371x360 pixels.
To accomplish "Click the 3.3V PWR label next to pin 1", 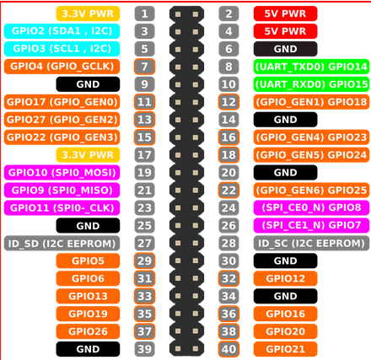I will [88, 13].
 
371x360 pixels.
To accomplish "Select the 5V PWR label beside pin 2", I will [285, 13].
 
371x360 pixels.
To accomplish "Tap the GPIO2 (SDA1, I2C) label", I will [62, 31].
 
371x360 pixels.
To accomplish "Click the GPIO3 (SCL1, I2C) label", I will [62, 48].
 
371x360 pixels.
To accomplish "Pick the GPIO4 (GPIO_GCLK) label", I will [62, 66].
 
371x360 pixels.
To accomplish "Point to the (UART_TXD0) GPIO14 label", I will [311, 66].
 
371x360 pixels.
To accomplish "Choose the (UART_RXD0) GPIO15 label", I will [311, 83].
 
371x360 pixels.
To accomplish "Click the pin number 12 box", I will [229, 101].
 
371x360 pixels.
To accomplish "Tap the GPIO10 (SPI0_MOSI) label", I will [62, 172].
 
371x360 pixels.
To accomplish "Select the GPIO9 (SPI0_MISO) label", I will [62, 190].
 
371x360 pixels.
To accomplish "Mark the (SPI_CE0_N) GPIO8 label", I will [311, 207].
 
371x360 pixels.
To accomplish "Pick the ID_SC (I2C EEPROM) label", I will [311, 243].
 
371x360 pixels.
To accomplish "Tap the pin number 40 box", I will [229, 349].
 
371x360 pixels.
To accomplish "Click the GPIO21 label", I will [285, 349].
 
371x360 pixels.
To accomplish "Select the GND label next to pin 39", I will [88, 349].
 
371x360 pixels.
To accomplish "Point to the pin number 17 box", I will [144, 154].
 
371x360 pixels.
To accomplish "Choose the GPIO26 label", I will [88, 331].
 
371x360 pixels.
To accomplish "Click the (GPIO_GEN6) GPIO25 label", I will [311, 190].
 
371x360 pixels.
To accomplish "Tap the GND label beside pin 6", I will [285, 48].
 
